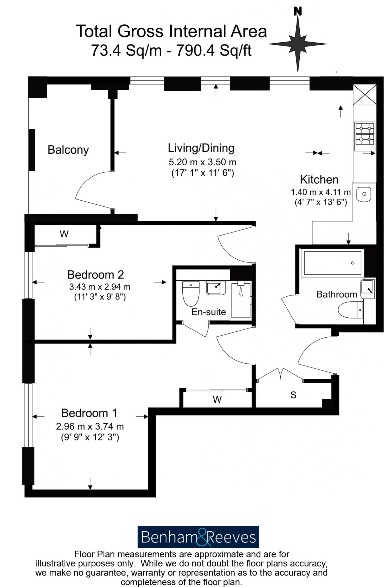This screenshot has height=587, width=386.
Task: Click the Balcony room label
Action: (68, 150)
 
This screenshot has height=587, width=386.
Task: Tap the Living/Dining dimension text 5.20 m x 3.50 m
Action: (202, 162)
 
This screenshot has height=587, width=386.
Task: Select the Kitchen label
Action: (319, 180)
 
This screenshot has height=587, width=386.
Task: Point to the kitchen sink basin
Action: (364, 194)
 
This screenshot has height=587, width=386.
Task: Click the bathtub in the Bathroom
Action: (332, 263)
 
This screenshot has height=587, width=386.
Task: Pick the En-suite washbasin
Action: (216, 287)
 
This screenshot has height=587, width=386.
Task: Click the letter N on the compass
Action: (298, 11)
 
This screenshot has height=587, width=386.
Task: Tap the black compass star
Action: (298, 44)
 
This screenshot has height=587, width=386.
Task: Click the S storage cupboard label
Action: (293, 395)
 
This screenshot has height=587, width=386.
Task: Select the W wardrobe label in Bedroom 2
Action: (64, 234)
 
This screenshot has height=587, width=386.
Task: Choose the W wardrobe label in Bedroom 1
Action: (217, 399)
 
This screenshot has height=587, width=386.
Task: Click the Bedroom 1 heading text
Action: (89, 413)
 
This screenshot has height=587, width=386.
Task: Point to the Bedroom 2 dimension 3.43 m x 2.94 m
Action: (100, 287)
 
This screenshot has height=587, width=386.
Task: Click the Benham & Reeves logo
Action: (198, 537)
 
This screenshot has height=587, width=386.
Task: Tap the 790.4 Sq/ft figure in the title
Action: (214, 51)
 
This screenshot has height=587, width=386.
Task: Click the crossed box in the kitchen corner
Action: (364, 95)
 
